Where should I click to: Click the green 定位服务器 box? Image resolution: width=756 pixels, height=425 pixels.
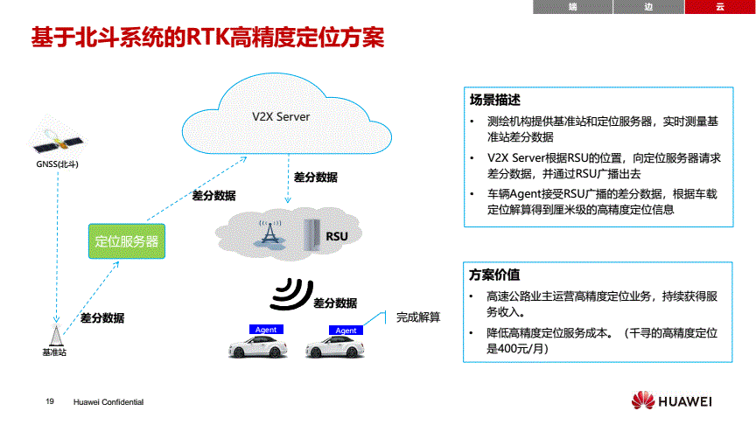[x=126, y=240]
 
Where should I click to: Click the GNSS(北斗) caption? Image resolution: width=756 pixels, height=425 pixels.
[x=57, y=164]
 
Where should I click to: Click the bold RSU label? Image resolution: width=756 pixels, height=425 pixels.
[x=338, y=236]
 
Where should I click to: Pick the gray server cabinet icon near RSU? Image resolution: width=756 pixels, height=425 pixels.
[x=310, y=232]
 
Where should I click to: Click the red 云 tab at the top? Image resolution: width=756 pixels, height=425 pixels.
[x=719, y=7]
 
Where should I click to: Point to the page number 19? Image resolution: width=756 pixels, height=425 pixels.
[x=50, y=401]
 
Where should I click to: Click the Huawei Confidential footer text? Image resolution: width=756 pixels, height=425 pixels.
[x=108, y=401]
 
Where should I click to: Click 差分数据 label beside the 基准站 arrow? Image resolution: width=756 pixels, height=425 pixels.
[x=102, y=317]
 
